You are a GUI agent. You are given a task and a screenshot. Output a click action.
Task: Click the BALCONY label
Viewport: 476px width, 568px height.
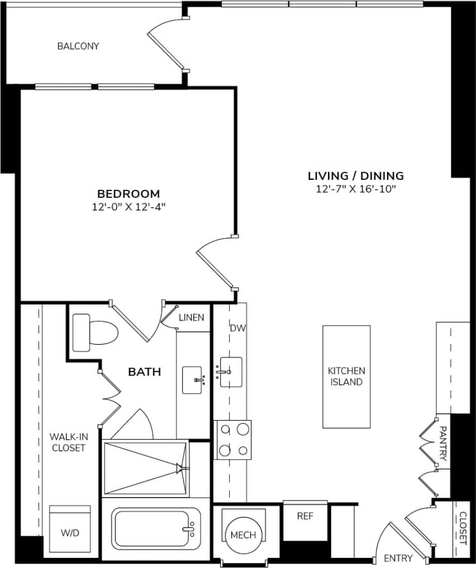pos(78,46)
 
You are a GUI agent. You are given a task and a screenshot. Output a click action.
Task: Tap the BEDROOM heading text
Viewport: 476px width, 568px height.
pos(128,194)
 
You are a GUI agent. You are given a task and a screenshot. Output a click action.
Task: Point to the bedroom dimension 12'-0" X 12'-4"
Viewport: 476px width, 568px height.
pos(128,207)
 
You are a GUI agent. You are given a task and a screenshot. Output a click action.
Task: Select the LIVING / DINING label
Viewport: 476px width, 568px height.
pos(356,176)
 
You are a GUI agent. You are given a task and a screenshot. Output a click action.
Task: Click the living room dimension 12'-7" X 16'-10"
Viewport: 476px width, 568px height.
pos(356,189)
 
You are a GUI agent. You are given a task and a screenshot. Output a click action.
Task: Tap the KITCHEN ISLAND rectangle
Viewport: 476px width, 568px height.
pos(346,376)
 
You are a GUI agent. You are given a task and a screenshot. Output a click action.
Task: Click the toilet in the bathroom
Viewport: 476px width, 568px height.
pos(96,333)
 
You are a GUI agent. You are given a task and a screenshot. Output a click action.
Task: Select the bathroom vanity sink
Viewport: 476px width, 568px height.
pos(193,380)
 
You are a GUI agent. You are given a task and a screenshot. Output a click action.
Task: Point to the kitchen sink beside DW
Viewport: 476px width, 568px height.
pos(230,372)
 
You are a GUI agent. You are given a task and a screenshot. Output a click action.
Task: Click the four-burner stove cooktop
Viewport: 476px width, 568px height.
pos(234,440)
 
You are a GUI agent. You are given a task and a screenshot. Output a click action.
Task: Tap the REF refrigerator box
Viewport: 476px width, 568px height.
pos(305,516)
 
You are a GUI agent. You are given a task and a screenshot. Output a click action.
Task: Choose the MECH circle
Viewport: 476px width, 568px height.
pos(244,534)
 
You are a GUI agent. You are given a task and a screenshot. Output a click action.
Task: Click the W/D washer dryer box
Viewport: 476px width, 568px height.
pos(70,532)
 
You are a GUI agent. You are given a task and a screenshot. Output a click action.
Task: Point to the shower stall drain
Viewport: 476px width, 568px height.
pos(180,468)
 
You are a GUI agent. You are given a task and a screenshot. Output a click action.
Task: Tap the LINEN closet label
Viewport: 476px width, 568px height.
pos(191,317)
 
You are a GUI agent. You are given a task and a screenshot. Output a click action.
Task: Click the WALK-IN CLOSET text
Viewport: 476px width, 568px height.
pos(68,442)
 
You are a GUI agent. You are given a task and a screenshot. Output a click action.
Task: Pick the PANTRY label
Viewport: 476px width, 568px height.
pos(442,443)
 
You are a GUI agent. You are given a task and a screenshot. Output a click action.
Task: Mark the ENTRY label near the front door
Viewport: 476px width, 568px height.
pos(398,558)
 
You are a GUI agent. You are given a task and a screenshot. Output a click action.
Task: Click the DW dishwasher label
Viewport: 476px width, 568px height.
pos(237,328)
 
